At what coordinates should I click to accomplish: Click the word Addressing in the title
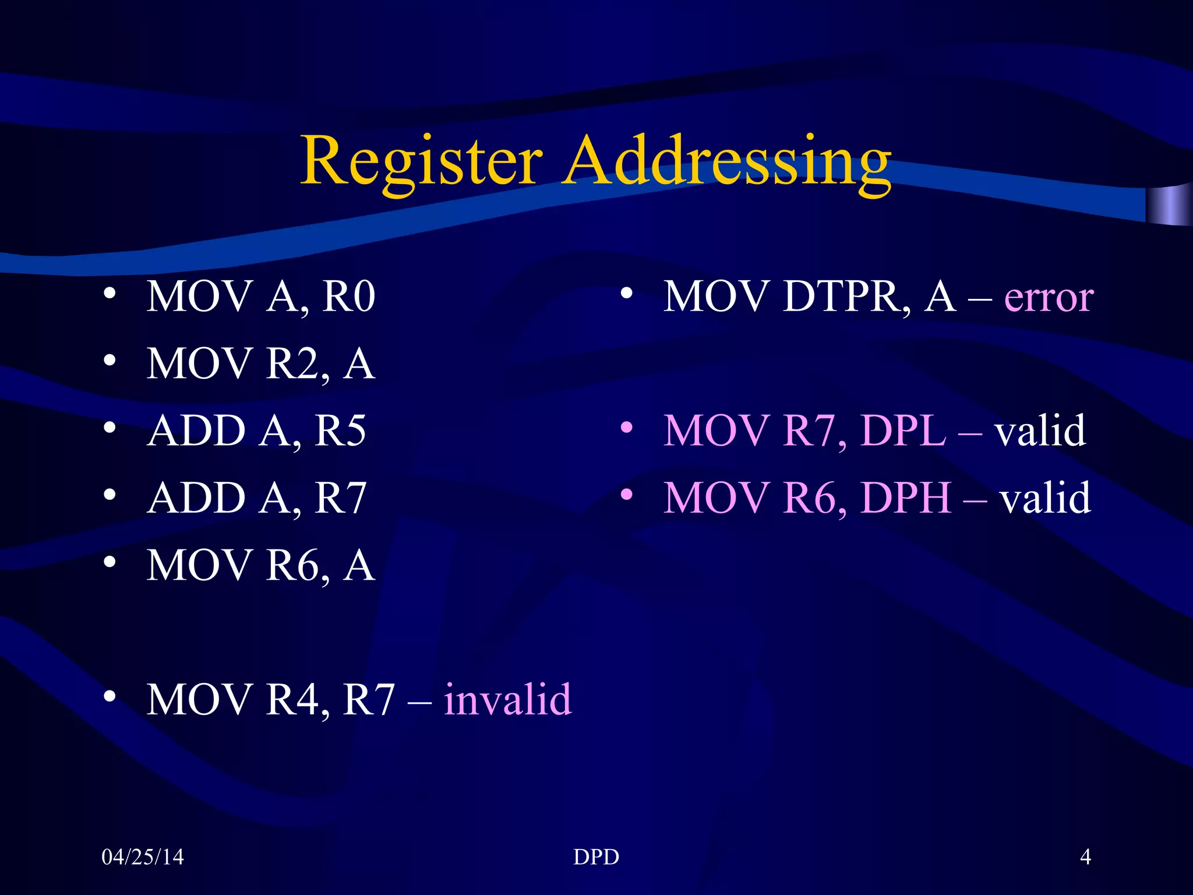727,160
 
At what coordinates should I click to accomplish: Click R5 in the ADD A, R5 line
340,431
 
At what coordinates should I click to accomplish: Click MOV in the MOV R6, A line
198,565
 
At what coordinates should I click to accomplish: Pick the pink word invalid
507,699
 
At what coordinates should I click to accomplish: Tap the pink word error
1049,298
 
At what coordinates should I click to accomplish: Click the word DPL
903,431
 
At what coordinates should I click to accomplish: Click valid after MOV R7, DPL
1040,431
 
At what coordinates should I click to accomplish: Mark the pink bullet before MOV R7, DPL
626,428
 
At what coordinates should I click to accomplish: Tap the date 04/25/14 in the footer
143,857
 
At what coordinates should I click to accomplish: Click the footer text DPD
596,857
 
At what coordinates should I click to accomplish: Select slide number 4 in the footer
1085,857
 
